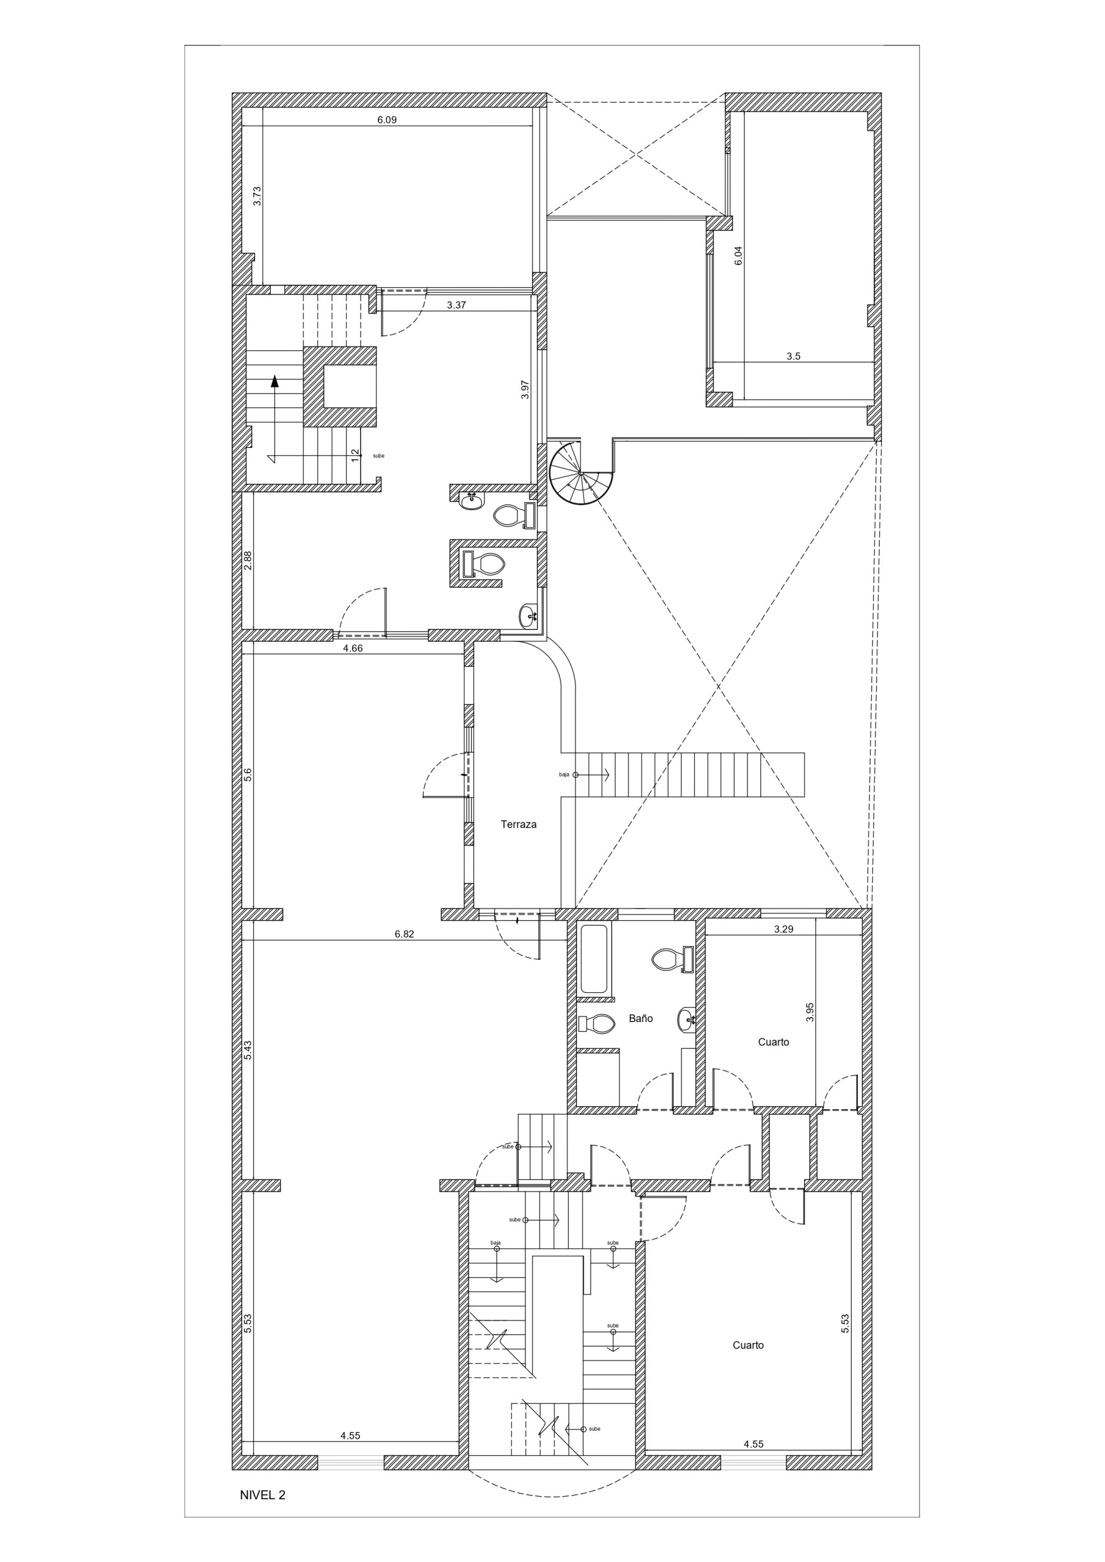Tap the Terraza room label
[519, 824]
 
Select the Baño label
[640, 1018]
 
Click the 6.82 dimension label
[404, 934]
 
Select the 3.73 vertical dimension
[257, 196]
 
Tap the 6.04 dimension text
[738, 255]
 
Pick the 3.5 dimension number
[793, 356]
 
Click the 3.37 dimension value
[456, 306]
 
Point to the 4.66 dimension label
[353, 649]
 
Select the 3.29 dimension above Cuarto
[784, 929]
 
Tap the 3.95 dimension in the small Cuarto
[810, 1012]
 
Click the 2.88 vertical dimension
[248, 560]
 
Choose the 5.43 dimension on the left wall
[248, 1049]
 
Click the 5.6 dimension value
[248, 774]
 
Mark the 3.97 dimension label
[525, 389]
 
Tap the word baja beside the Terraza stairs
[564, 775]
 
